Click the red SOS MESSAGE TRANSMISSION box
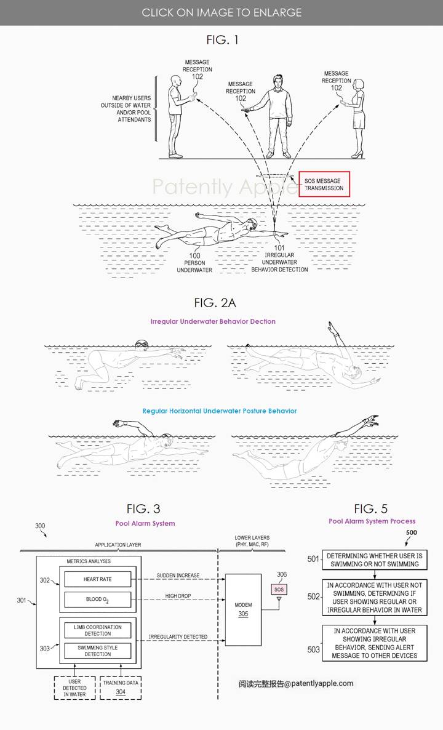(x=324, y=184)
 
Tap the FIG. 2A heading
(x=215, y=303)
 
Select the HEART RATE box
(x=98, y=579)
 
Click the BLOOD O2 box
(x=98, y=600)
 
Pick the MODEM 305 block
(x=243, y=609)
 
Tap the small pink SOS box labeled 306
(x=280, y=589)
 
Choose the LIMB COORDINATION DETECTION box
(x=98, y=630)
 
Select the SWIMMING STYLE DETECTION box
(x=98, y=651)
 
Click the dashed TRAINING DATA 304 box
(x=119, y=687)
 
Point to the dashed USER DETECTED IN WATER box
(x=75, y=687)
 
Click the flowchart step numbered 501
(x=372, y=560)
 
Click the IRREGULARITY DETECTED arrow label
(x=178, y=636)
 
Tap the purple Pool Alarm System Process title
(x=372, y=521)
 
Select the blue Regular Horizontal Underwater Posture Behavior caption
(x=220, y=411)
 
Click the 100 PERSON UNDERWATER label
(x=194, y=262)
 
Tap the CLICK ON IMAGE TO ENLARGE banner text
(x=221, y=12)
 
